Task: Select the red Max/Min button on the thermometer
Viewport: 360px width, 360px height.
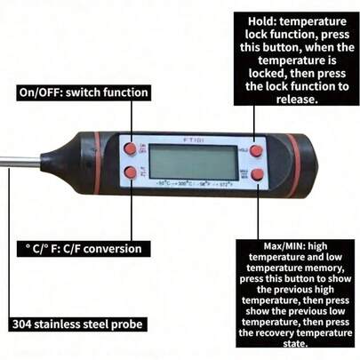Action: click(258, 175)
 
